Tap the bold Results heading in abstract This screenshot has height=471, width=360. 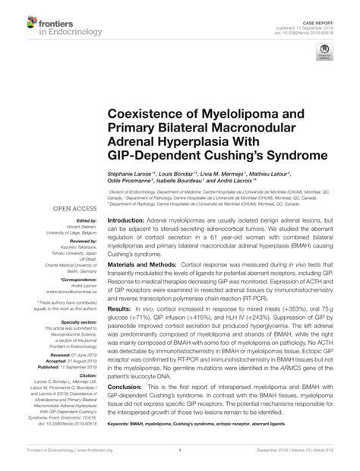(118, 311)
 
